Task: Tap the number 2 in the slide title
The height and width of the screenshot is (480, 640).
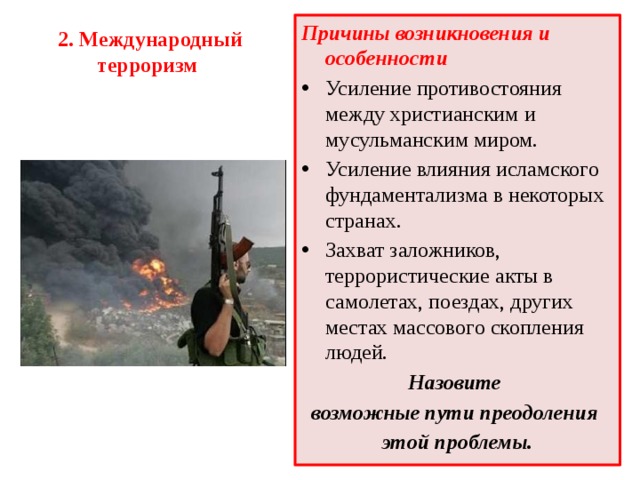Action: [x=63, y=40]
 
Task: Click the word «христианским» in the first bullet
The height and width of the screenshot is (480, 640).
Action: [x=444, y=113]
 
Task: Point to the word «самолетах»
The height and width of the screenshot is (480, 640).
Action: [x=371, y=301]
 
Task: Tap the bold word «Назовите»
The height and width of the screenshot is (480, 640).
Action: [x=454, y=383]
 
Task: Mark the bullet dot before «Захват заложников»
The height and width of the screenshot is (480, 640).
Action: [x=307, y=248]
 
